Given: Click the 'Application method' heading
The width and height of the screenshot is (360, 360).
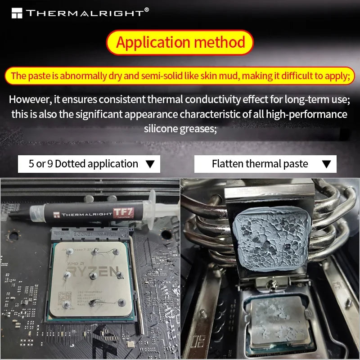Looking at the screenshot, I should tap(180, 42).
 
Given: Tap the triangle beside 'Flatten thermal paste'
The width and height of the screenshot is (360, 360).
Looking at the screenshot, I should tap(327, 164).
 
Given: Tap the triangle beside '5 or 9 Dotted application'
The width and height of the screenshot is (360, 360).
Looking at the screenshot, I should tap(150, 164).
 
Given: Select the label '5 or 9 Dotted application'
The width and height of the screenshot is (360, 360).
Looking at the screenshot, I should tap(83, 164).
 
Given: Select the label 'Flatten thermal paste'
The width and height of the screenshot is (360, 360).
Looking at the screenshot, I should tap(260, 164).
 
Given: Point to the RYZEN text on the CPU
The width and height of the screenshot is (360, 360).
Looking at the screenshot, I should tap(95, 272).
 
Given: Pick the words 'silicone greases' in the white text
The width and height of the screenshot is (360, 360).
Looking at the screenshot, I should tap(180, 129).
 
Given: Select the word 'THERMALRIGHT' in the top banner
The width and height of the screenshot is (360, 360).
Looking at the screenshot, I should tap(84, 13).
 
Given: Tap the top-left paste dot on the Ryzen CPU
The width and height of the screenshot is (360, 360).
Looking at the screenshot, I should tap(67, 255).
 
